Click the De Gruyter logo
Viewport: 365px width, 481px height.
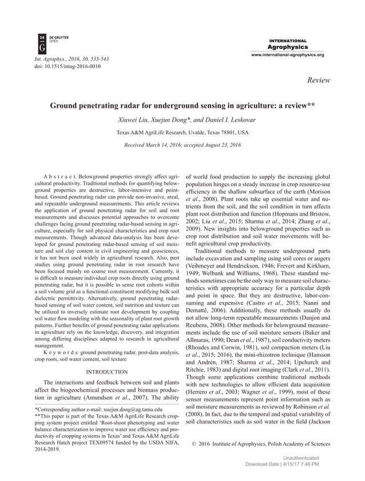[42, 43]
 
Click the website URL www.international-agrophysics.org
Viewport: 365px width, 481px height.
[288, 55]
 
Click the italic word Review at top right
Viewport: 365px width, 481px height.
[319, 81]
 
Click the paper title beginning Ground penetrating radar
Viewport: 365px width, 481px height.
[182, 106]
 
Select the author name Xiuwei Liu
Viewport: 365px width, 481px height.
[131, 119]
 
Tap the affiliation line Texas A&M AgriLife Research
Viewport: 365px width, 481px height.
[182, 132]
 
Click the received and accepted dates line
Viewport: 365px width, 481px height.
[182, 145]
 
